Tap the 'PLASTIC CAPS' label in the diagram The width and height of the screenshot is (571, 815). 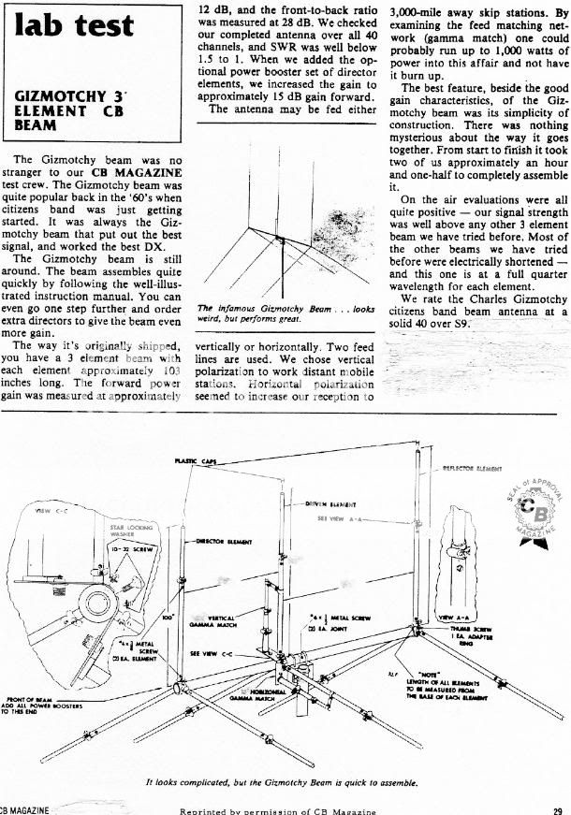tap(194, 461)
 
